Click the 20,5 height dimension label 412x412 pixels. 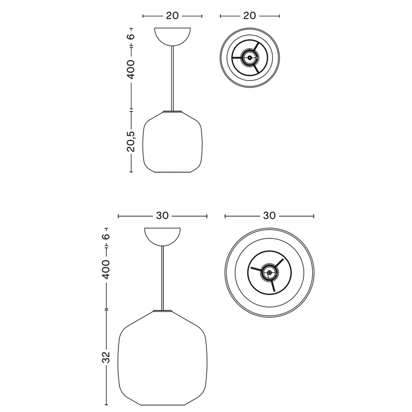[131, 142]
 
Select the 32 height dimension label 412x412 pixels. [106, 357]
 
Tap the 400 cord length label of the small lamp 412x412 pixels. [131, 69]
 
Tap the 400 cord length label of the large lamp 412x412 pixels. [106, 269]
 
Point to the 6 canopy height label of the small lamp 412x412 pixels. [131, 36]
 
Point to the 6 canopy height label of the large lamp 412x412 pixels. [106, 236]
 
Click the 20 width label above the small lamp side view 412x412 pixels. [172, 16]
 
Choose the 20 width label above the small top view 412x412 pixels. [250, 16]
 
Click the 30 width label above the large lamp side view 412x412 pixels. [162, 216]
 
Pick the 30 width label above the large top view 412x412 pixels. [269, 216]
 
